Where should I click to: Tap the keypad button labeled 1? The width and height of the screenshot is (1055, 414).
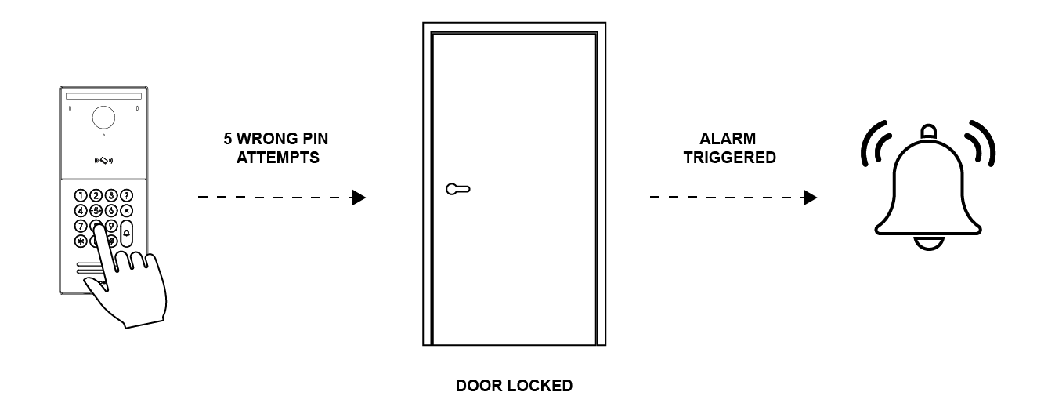(81, 196)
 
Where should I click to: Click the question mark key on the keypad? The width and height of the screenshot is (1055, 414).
(126, 196)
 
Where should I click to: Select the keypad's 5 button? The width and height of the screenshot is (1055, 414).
(96, 211)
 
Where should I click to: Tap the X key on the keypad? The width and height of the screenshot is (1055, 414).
(126, 211)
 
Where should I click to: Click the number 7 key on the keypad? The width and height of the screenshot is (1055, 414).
(81, 227)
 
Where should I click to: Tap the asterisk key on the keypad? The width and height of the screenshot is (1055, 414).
(81, 241)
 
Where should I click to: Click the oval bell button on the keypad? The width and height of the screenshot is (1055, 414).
(126, 234)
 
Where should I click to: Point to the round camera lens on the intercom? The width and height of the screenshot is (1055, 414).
(103, 118)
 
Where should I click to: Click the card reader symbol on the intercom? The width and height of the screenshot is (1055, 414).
(103, 161)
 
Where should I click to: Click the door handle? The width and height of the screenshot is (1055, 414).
(458, 189)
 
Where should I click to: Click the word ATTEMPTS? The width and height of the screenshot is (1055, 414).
(278, 158)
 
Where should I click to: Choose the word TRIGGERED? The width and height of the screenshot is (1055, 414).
(729, 158)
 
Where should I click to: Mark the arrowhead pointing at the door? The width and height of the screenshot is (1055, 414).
(359, 198)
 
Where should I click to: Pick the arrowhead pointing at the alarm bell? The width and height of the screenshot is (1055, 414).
(810, 198)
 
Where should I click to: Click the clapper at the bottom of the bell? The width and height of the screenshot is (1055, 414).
(929, 244)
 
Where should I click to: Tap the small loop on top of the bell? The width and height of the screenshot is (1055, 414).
(929, 131)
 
